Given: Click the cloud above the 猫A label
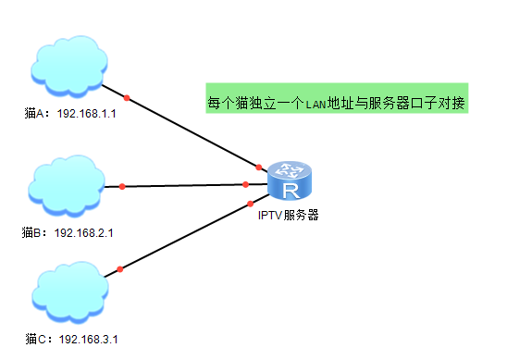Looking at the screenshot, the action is point(69,67).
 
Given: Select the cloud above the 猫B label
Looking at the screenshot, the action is point(67,186).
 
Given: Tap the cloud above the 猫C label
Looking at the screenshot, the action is point(70,292).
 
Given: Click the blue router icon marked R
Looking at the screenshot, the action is point(290,180).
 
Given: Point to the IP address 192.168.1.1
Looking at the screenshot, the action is point(86,114).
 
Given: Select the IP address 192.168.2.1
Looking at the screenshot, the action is point(84,233).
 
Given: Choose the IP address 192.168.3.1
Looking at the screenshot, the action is point(88,340).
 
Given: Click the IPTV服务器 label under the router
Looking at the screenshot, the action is point(289,215).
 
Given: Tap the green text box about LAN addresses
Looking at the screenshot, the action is point(337,98).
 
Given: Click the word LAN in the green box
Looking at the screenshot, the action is point(315,105).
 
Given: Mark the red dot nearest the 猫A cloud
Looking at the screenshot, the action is point(127,98).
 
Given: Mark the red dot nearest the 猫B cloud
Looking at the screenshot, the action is point(122,186).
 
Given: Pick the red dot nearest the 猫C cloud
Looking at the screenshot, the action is point(120,269).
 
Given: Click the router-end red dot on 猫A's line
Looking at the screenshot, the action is point(259,168).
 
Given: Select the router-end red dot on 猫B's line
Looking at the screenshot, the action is point(245,184).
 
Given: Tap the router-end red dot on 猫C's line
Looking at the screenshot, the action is point(251,204).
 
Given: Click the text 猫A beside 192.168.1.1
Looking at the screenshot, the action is point(34,114).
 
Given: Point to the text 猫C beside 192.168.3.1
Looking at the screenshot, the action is point(36,340).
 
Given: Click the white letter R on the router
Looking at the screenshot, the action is point(291,191).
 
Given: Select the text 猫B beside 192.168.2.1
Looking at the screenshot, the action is point(31,233).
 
